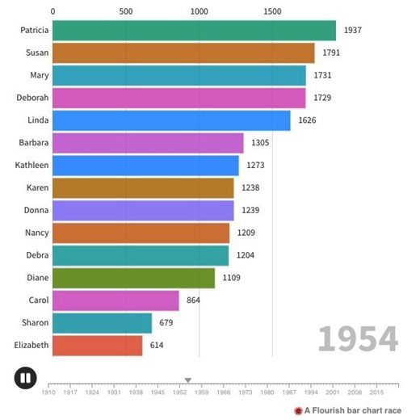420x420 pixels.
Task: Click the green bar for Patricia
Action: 194,31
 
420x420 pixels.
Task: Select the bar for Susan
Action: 183,53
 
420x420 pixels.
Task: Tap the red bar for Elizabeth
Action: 98,346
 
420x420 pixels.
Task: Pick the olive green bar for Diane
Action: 134,279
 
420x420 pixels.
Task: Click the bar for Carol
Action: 115,300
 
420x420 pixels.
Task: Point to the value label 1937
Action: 352,31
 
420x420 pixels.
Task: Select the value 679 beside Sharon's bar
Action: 166,323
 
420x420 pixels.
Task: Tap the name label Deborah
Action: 33,99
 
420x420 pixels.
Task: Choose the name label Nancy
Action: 36,233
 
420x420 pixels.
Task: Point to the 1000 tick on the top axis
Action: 199,12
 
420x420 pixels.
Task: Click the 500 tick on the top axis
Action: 126,12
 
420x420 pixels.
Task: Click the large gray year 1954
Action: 358,339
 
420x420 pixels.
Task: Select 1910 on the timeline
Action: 50,393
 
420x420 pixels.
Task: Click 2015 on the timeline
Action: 376,393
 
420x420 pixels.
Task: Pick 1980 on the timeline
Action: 267,393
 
